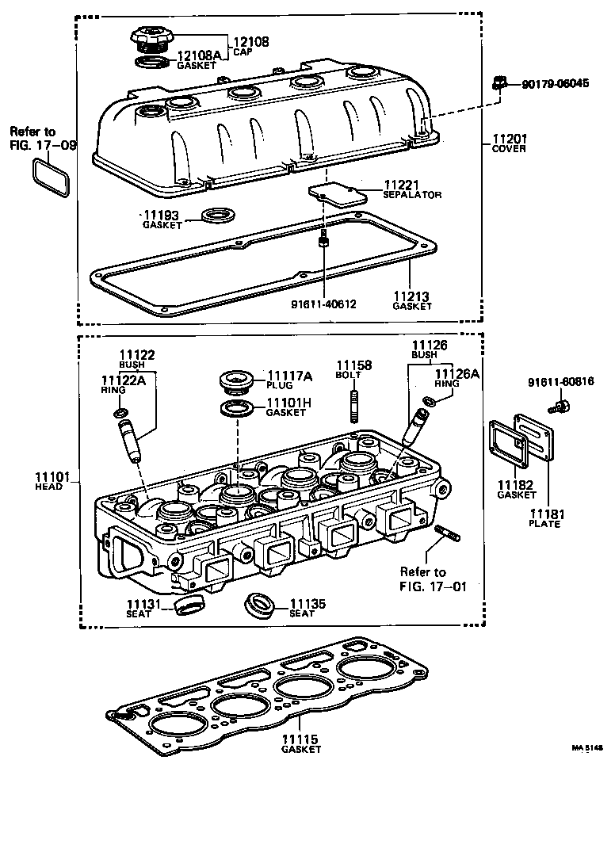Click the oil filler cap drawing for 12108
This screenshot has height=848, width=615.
tap(150, 39)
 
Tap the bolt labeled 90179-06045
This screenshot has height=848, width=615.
tap(498, 82)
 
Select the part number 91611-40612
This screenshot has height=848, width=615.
tap(324, 302)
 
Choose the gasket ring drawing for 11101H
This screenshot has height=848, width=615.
tap(237, 411)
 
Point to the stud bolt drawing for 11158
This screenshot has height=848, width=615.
tap(354, 407)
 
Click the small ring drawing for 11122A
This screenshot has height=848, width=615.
tap(119, 413)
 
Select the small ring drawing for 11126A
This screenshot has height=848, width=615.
tap(429, 402)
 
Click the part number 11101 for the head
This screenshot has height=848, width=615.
tap(48, 476)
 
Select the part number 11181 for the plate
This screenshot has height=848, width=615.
tap(548, 514)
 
